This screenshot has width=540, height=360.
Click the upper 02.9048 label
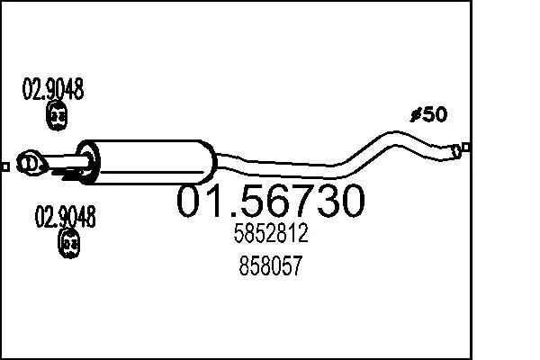(53, 89)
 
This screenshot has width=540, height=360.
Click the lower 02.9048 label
(66, 216)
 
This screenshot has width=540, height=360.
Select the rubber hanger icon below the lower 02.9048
(69, 242)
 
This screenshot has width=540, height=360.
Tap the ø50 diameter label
(428, 114)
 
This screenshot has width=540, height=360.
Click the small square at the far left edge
(5, 166)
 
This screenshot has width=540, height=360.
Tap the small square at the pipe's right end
(465, 148)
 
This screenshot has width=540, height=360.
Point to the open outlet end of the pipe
(456, 150)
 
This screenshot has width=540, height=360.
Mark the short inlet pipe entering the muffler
(68, 164)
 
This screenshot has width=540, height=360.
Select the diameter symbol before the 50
(416, 114)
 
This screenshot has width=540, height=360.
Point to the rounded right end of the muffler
(211, 164)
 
